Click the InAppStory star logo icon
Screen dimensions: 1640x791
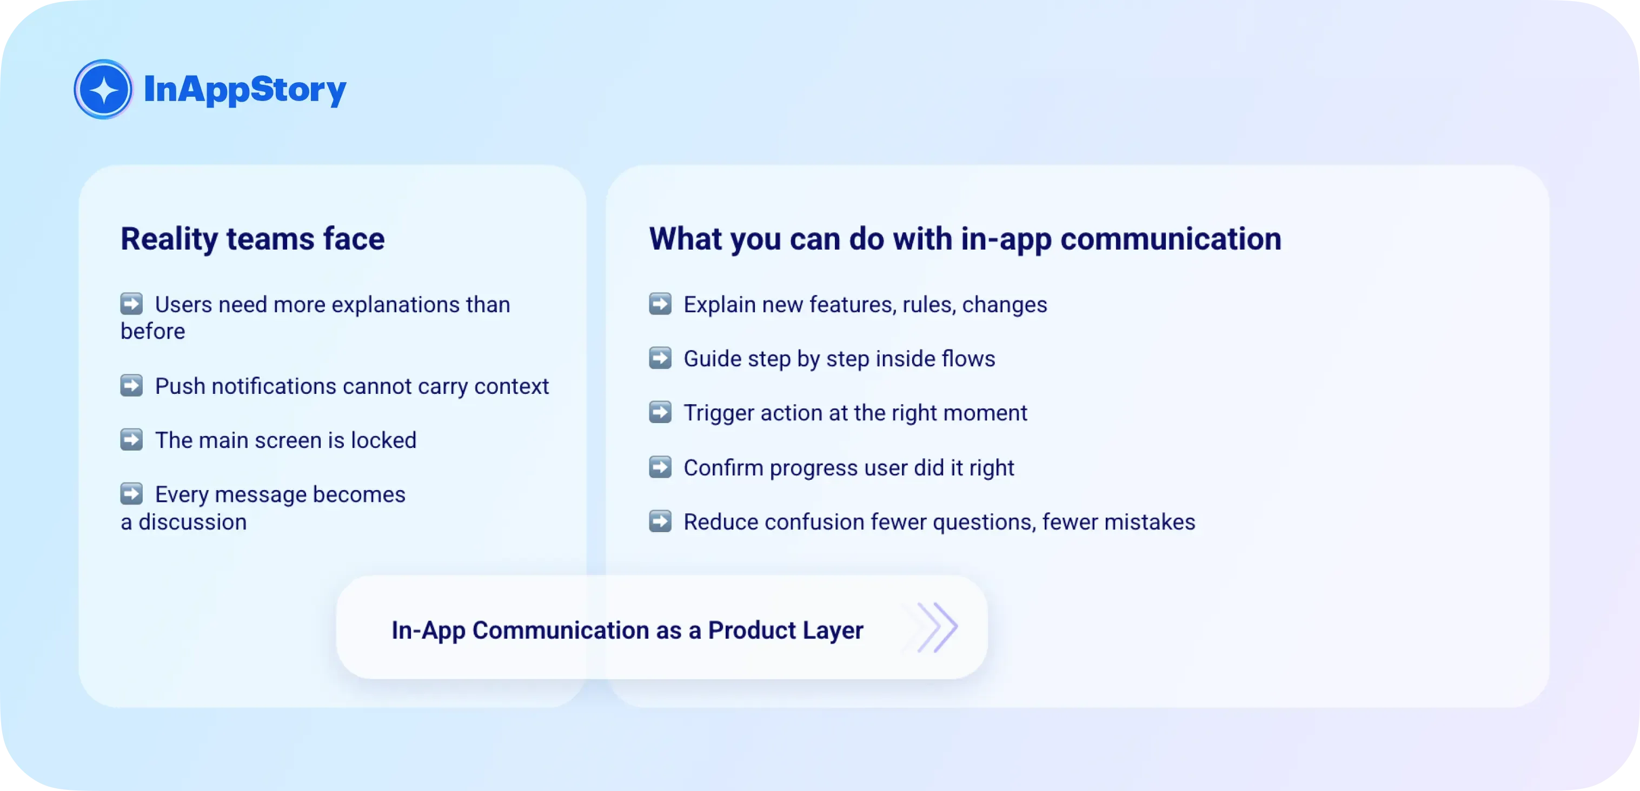(103, 89)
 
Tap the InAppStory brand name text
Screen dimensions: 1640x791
(245, 90)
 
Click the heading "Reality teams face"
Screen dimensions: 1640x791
(253, 239)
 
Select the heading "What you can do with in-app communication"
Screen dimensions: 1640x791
(965, 239)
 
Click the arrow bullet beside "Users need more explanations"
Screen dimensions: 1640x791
(132, 304)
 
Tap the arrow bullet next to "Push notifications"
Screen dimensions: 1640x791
(132, 385)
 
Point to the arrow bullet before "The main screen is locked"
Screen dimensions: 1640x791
(132, 439)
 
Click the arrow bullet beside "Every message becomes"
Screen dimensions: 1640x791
(132, 493)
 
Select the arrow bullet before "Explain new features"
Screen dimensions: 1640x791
(660, 304)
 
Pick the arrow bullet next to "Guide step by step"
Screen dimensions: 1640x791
(660, 358)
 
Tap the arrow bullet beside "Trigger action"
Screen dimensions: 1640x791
(660, 412)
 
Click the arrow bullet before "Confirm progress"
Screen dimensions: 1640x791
(660, 466)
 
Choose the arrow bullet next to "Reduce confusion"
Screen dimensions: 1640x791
(660, 520)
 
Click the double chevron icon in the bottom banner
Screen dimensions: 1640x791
(937, 627)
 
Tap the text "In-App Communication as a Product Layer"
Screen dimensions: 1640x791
(627, 630)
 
